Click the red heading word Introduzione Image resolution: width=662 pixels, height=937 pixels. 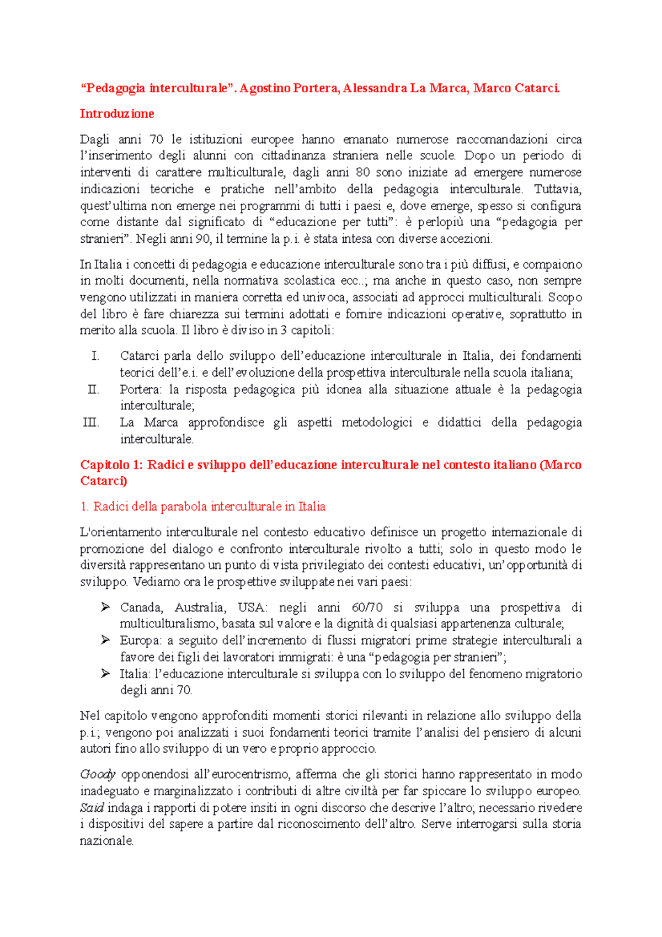[117, 114]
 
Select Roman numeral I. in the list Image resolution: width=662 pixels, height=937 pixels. [95, 356]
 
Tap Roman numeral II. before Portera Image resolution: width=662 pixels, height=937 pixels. [93, 390]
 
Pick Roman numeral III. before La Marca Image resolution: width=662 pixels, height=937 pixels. [91, 423]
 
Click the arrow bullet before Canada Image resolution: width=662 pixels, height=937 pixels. [105, 608]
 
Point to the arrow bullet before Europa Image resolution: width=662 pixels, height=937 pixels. [105, 641]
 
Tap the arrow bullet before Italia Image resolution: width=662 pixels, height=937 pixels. [105, 674]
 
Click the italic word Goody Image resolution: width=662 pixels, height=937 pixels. [98, 775]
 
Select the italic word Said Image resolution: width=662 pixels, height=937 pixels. [92, 808]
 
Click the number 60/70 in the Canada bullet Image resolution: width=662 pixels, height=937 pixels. [367, 608]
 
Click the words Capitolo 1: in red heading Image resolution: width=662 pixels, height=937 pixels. [111, 465]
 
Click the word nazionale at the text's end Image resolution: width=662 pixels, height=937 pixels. [106, 842]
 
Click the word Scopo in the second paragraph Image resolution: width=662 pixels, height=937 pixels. [565, 297]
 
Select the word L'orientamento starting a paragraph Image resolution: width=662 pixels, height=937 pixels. [120, 533]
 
